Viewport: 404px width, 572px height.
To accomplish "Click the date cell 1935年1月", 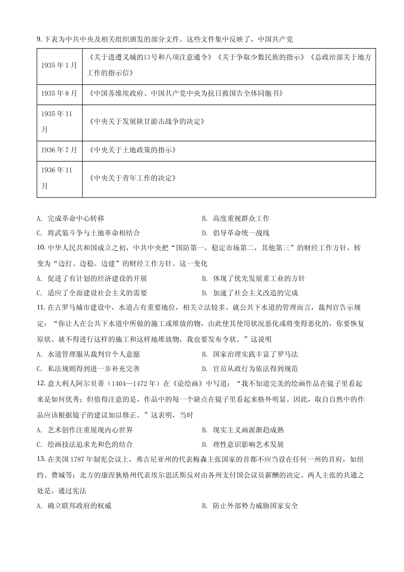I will coord(59,66).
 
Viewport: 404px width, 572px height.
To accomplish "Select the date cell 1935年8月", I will coord(59,93).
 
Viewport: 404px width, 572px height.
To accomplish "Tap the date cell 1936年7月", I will coord(59,150).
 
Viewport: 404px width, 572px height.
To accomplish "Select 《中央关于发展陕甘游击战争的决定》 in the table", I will coord(146,122).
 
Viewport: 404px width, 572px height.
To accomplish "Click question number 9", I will coord(40,40).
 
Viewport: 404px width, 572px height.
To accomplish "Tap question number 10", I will coord(41,247).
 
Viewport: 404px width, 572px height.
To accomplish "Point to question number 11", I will coord(41,308).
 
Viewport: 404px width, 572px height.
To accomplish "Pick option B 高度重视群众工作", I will coord(236,219).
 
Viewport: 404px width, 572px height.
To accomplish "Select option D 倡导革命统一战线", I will coord(236,233).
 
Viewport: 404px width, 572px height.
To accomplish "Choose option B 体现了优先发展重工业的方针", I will coord(253,279).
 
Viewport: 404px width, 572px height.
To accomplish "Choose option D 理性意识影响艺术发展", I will coord(243,445).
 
